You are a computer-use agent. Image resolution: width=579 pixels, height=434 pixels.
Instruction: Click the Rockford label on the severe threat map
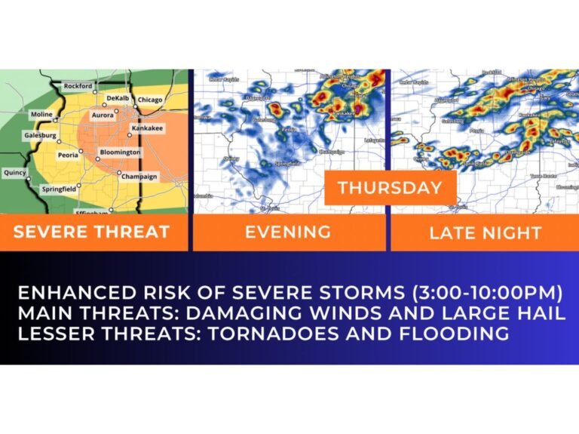click(78, 86)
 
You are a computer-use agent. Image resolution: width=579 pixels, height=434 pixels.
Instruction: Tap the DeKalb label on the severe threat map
click(118, 99)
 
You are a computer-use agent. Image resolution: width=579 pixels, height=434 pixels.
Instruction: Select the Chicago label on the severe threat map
click(150, 100)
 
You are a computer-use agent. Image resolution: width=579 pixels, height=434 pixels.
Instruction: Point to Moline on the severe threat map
click(41, 115)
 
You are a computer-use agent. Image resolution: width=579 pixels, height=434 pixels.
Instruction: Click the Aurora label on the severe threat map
click(103, 115)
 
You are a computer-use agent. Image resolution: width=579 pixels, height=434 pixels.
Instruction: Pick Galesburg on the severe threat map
click(41, 135)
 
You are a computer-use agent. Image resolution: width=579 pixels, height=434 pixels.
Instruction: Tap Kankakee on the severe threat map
click(147, 128)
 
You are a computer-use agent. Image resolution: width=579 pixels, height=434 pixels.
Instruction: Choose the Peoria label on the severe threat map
click(69, 155)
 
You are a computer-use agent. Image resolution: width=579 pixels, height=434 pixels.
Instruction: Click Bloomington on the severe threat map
click(120, 152)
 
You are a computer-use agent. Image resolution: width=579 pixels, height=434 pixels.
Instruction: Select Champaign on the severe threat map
click(139, 177)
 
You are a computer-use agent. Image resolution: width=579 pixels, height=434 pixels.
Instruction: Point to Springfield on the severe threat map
click(58, 189)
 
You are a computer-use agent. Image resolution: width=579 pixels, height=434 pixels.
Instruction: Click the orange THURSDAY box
click(390, 187)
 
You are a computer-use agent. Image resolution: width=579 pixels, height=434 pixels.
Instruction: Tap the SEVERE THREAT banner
click(91, 232)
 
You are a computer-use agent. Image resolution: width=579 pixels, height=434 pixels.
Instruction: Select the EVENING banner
click(287, 232)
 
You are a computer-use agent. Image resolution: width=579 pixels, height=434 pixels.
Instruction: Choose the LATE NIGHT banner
click(485, 232)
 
